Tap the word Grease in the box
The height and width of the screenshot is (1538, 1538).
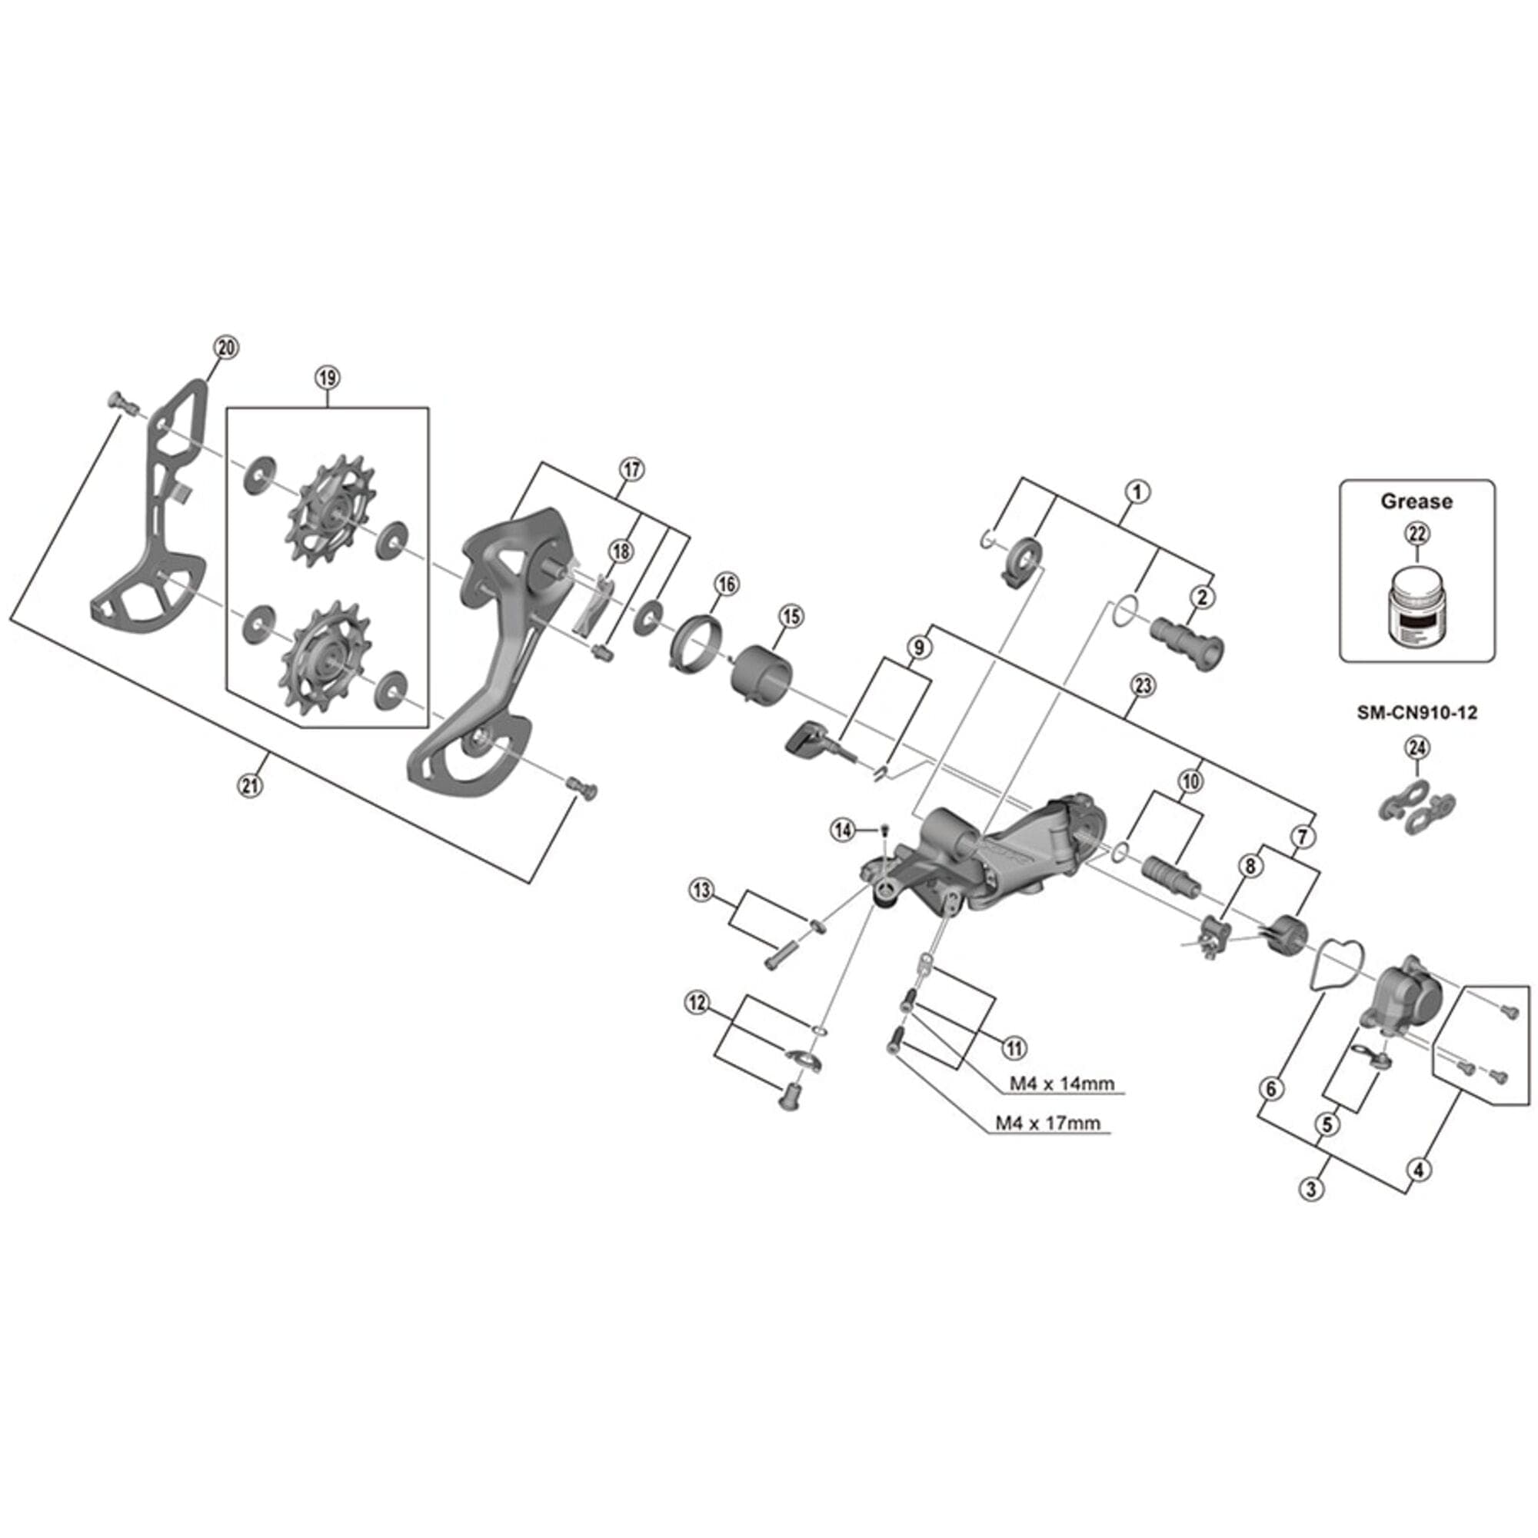(x=1416, y=501)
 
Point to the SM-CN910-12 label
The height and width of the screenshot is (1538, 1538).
(x=1417, y=713)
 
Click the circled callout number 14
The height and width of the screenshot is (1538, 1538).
(x=843, y=830)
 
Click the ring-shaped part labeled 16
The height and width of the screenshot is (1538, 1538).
(x=694, y=647)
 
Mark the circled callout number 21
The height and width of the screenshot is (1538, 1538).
(x=250, y=786)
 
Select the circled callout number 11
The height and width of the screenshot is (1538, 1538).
(x=1014, y=1048)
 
